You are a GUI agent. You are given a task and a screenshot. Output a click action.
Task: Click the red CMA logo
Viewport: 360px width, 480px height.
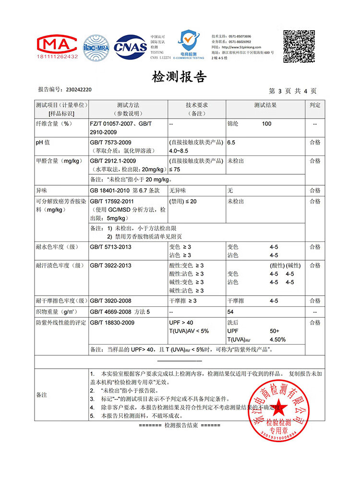point(57,47)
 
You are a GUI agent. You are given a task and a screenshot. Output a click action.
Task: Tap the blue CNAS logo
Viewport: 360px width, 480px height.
point(129,47)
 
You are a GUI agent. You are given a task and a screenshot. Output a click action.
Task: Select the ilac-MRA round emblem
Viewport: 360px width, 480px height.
point(96,46)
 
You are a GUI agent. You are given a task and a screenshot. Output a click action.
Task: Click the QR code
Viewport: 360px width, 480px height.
point(299,45)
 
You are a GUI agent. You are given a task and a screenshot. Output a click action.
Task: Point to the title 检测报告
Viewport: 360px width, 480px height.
point(179,77)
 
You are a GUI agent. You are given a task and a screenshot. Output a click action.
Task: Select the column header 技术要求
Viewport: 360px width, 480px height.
point(196,105)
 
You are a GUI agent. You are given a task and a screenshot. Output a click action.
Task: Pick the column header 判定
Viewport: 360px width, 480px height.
point(315,105)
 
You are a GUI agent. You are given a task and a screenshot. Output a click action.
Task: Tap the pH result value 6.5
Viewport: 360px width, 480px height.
point(231,143)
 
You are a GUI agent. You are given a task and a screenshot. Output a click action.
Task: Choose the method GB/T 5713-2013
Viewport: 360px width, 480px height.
point(110,247)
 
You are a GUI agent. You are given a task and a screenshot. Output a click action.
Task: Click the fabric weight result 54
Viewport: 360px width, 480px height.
point(230,312)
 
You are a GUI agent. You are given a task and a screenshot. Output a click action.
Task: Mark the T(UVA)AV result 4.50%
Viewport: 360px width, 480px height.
point(278,339)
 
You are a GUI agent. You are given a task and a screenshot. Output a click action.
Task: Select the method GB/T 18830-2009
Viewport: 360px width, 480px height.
point(112,323)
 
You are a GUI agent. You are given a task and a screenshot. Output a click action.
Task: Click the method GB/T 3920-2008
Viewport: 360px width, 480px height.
point(110,301)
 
